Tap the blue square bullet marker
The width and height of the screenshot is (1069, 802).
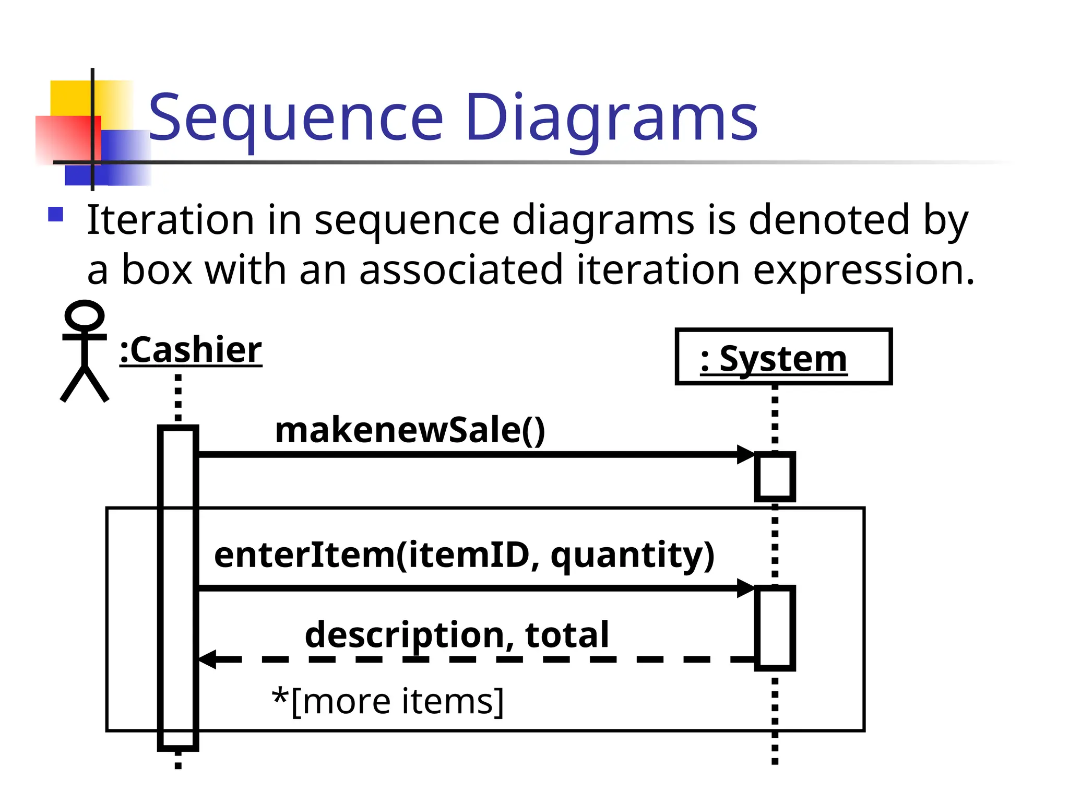55,215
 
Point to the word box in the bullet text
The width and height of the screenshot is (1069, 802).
157,270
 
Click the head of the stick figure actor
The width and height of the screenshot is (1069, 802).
84,315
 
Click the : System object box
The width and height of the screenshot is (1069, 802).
783,357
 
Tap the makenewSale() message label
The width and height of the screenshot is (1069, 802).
410,430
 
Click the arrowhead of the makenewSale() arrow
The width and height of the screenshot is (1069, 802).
745,455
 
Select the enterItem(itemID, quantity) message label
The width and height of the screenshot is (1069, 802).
464,555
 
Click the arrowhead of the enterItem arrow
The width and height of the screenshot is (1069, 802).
745,588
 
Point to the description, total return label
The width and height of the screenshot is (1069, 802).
457,635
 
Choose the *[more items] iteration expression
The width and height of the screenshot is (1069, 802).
388,701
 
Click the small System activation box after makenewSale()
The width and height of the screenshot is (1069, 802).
775,477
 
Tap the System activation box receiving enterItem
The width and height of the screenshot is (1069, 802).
775,628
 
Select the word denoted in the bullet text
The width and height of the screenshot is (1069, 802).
829,220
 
